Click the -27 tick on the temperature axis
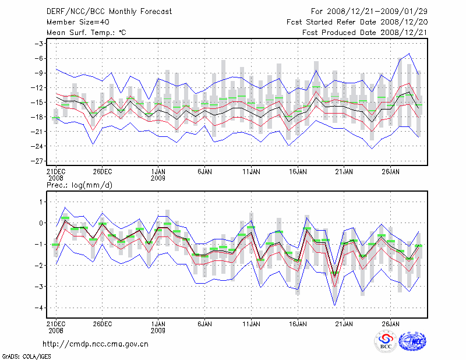coord(38,161)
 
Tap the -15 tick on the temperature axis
coord(38,103)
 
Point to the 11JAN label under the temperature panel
coord(250,172)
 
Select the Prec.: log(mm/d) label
coord(79,185)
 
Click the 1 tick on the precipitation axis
coord(41,202)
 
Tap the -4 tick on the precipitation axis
coord(40,308)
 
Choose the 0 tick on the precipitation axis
coord(41,223)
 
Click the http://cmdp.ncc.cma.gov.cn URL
coord(96,344)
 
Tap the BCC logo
coord(386,342)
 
